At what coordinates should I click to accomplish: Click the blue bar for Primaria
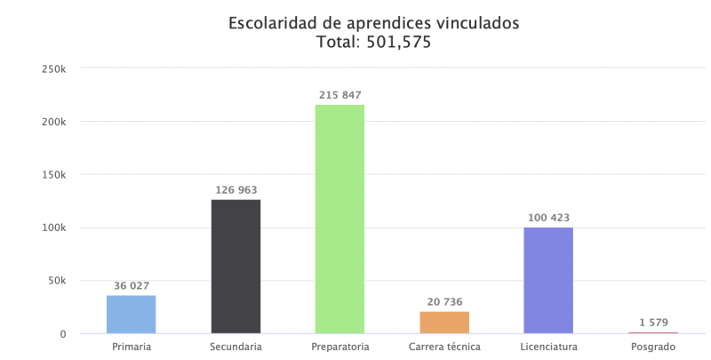click(x=132, y=315)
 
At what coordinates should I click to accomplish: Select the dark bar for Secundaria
click(x=236, y=267)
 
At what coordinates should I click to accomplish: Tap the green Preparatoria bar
click(x=340, y=220)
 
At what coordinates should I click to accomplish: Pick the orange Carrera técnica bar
click(x=443, y=323)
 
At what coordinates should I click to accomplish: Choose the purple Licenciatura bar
click(x=547, y=280)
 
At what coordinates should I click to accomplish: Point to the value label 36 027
click(x=132, y=286)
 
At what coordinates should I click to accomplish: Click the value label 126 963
click(x=236, y=190)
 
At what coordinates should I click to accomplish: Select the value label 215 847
click(x=340, y=95)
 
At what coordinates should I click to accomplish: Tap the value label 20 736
click(x=443, y=302)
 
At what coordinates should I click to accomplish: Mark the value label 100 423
click(x=547, y=218)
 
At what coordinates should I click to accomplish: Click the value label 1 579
click(x=652, y=323)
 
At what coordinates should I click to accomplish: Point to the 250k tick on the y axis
click(x=53, y=68)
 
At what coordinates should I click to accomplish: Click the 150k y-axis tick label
click(x=53, y=175)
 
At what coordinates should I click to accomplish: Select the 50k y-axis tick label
click(x=56, y=281)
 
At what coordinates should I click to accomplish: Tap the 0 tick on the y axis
click(x=64, y=334)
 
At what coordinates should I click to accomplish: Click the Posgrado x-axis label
click(x=652, y=346)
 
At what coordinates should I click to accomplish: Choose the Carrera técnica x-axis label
click(x=443, y=346)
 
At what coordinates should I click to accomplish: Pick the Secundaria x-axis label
click(x=236, y=346)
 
